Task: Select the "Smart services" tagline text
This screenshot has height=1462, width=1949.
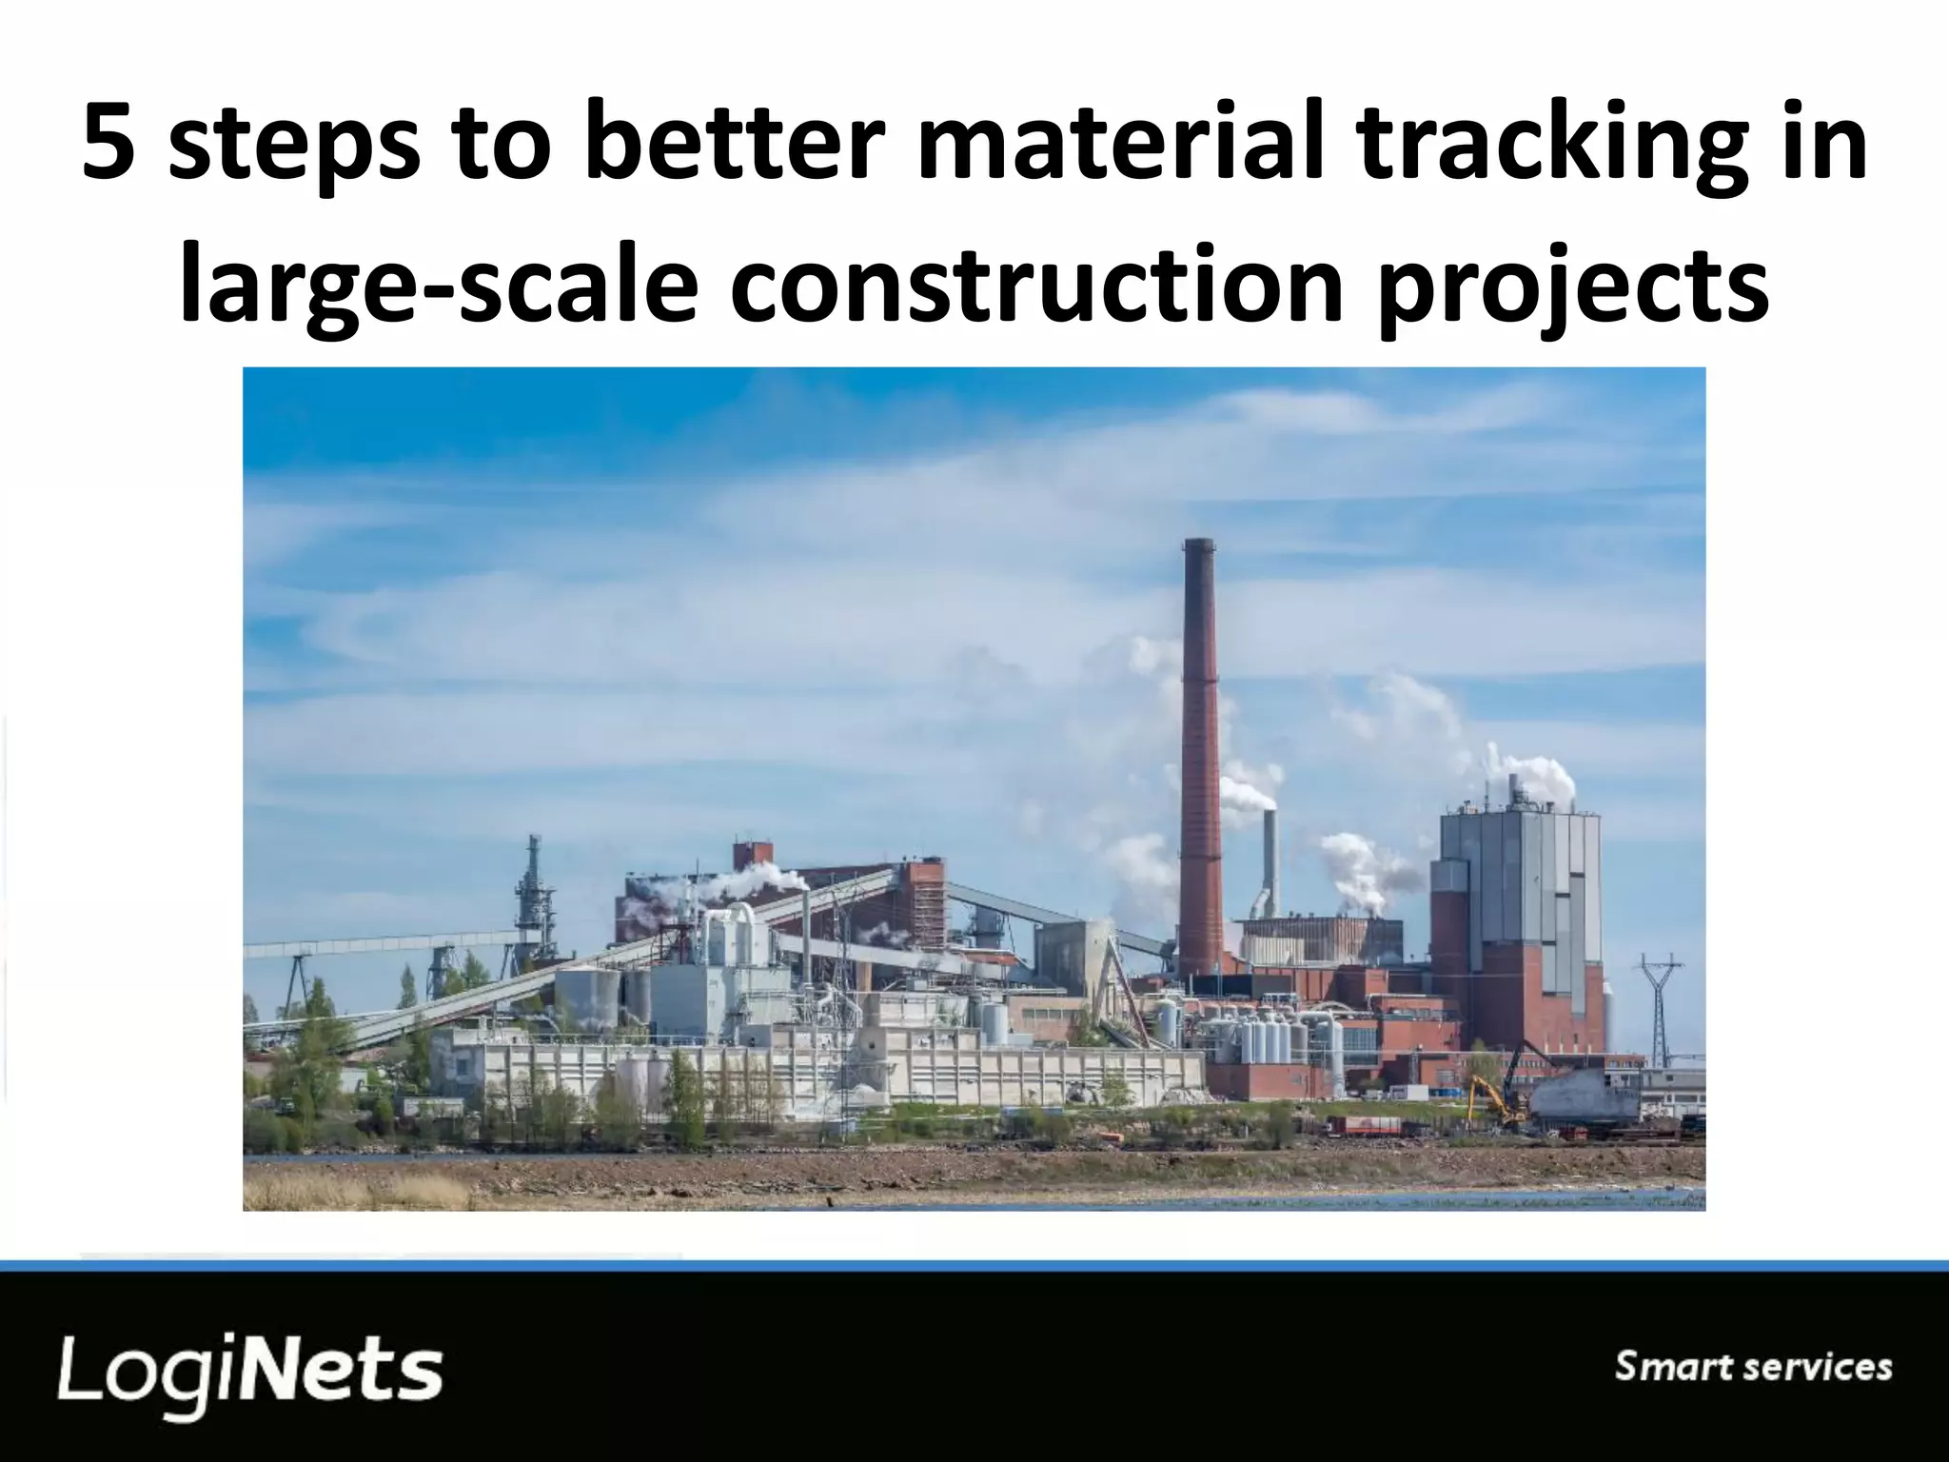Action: tap(1753, 1367)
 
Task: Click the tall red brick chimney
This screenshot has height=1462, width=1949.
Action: tap(1199, 761)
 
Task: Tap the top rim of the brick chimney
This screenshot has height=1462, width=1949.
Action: tap(1199, 543)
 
